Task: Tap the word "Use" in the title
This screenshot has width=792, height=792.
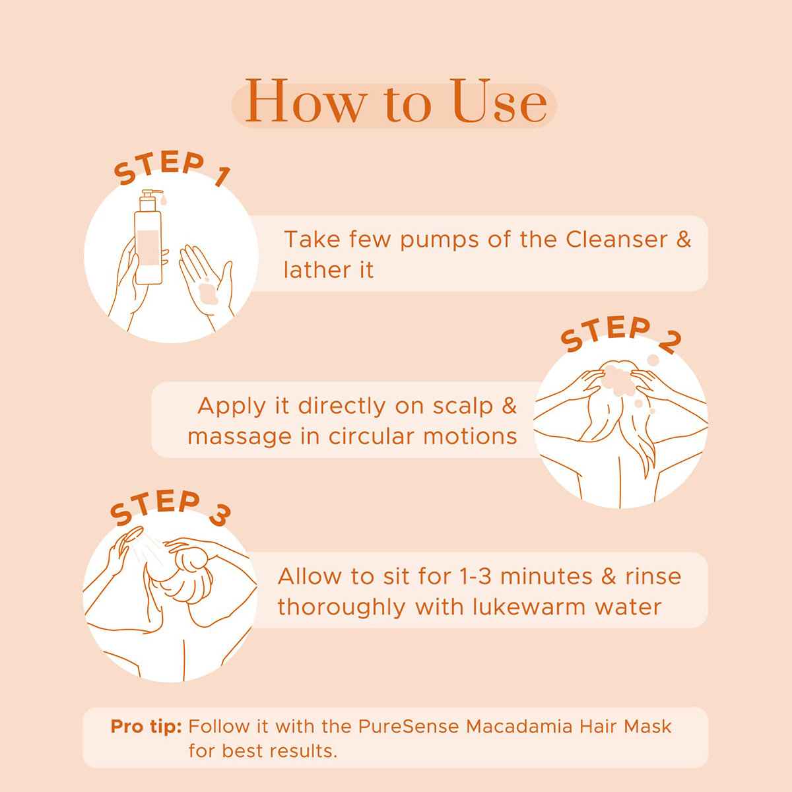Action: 500,102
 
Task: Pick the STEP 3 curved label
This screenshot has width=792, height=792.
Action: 170,508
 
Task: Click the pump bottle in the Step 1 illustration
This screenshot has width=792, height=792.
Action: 148,238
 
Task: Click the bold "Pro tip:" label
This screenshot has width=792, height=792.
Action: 146,727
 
